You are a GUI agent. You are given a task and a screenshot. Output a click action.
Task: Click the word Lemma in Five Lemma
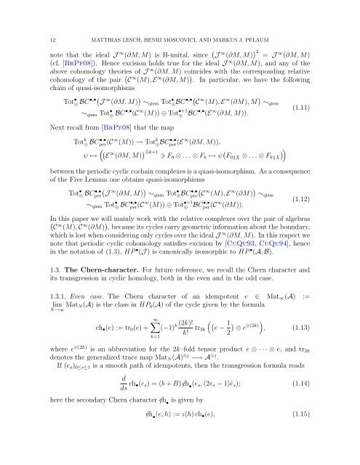102,179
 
